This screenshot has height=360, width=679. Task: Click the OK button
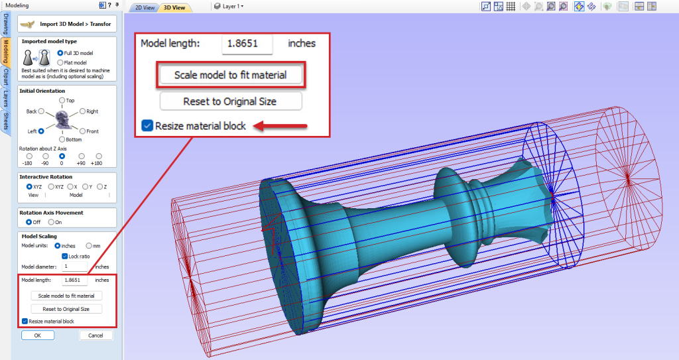[x=38, y=335]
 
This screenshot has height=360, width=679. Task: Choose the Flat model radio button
[x=60, y=62]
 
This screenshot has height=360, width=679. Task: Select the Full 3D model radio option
[x=60, y=52]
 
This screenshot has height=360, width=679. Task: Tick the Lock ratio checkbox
[x=64, y=256]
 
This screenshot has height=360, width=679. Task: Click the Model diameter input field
[x=75, y=267]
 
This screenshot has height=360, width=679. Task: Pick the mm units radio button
[x=88, y=246]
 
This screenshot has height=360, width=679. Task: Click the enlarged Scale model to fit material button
[x=230, y=75]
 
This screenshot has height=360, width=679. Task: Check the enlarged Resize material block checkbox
[x=147, y=126]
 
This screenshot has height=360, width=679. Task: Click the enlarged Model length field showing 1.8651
[x=247, y=44]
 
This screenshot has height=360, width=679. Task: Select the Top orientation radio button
[x=62, y=100]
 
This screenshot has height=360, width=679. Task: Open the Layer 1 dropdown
[x=229, y=7]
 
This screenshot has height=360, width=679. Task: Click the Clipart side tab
[x=5, y=77]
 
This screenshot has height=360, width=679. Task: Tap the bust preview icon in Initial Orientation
[x=62, y=120]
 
